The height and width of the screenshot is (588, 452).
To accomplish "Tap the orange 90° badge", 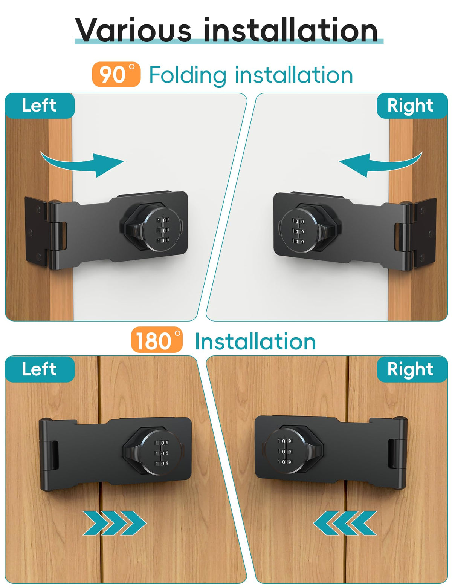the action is pyautogui.click(x=116, y=74).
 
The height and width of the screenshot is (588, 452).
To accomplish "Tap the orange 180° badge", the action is pyautogui.click(x=157, y=340).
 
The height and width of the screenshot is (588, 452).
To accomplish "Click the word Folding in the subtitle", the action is pyautogui.click(x=188, y=76).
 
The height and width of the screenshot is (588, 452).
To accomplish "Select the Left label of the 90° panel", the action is pyautogui.click(x=40, y=106).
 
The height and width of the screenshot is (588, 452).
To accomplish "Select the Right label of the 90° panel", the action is pyautogui.click(x=412, y=106).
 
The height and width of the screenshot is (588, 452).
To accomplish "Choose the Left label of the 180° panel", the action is pyautogui.click(x=40, y=369).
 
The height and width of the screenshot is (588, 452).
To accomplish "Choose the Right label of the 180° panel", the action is pyautogui.click(x=412, y=369).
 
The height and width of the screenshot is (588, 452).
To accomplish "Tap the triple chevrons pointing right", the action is pyautogui.click(x=114, y=523).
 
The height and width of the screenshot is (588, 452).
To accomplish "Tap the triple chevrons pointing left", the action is pyautogui.click(x=345, y=523).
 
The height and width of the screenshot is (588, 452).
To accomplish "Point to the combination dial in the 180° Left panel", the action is pyautogui.click(x=161, y=453).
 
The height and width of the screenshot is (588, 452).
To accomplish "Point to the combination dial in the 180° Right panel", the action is pyautogui.click(x=284, y=451).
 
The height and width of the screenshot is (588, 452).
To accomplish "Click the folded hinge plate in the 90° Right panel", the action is pyautogui.click(x=425, y=232).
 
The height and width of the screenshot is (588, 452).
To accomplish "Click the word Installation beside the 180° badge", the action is pyautogui.click(x=255, y=342).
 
